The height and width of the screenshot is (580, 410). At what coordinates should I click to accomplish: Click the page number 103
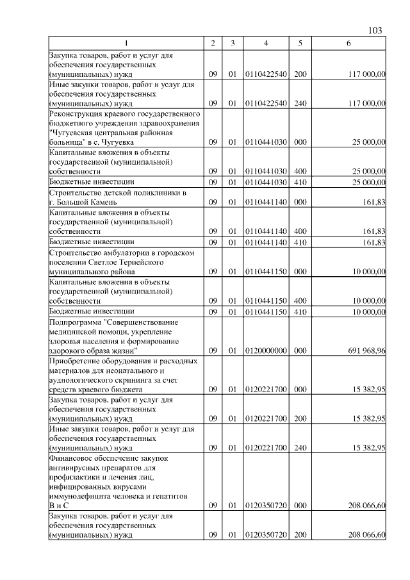pyautogui.click(x=376, y=31)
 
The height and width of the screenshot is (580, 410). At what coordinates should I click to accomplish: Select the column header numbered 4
pyautogui.click(x=266, y=43)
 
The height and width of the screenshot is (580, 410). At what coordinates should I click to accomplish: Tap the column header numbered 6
pyautogui.click(x=348, y=43)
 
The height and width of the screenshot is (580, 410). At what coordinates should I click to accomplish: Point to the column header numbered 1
pyautogui.click(x=126, y=43)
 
